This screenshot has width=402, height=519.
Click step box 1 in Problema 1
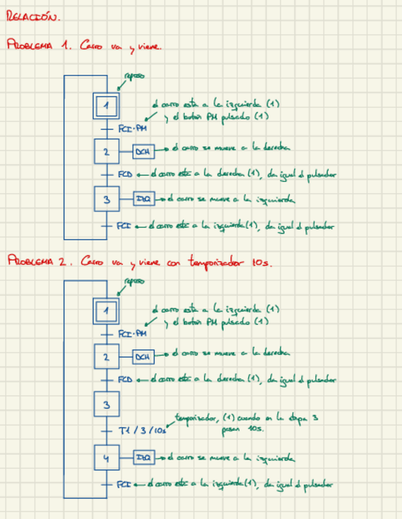[x=107, y=105]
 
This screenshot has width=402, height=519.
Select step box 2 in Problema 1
[x=107, y=151]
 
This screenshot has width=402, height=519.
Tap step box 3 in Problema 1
[x=107, y=199]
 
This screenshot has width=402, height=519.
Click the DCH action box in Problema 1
[x=143, y=151]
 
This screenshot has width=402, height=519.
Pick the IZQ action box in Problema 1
[x=143, y=199]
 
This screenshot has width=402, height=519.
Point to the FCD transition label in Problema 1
[x=124, y=174]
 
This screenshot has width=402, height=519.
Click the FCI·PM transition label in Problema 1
[x=132, y=128]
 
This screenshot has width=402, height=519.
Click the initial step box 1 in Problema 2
[x=107, y=311]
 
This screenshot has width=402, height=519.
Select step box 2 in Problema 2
[x=107, y=356]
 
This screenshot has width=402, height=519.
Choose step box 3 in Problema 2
[x=107, y=404]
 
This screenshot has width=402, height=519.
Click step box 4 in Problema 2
[x=107, y=457]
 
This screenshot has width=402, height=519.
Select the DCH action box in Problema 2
[x=143, y=356]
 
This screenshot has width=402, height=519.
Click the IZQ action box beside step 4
[x=143, y=457]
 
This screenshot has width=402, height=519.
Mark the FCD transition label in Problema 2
[x=124, y=379]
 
